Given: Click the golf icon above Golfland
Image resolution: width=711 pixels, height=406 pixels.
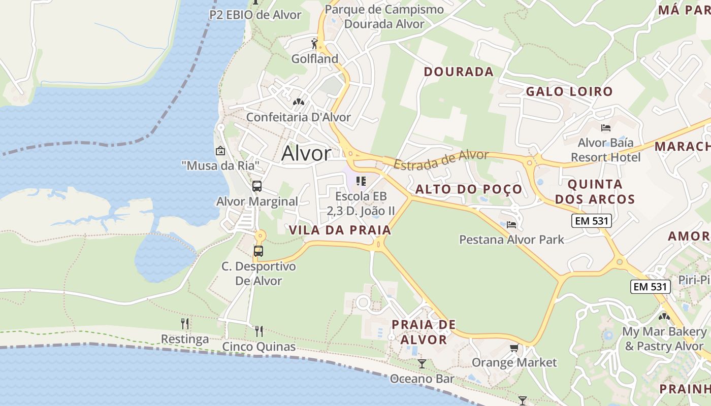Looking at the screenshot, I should click(x=314, y=44).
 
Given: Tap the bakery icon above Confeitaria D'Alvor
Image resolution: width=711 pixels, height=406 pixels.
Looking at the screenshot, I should click(x=298, y=102).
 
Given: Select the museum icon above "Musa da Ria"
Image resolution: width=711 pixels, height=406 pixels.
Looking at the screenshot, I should click(x=220, y=151).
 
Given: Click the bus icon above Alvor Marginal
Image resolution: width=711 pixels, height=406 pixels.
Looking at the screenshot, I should click(x=257, y=186).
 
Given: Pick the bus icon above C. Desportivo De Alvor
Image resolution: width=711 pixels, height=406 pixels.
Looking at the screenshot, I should click(x=258, y=251).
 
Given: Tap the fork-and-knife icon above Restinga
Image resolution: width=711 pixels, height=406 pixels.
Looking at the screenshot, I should click(x=185, y=323).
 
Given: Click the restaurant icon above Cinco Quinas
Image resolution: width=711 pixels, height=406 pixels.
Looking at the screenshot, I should click(x=259, y=331).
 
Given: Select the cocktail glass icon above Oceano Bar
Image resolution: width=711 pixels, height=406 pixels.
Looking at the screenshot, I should click(x=422, y=363).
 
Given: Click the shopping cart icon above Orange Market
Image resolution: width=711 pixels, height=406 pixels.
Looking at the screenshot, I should click(x=514, y=348).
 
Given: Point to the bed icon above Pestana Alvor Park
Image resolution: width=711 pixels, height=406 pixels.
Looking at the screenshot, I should click(x=511, y=224).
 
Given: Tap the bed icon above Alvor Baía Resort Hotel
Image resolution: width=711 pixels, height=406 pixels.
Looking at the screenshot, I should click(x=605, y=127).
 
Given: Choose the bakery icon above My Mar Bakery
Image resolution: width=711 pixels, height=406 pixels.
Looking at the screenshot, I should click(x=664, y=317).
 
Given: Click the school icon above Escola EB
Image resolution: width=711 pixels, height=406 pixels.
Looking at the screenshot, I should click(x=361, y=181).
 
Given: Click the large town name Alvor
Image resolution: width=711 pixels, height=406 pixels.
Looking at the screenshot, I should click(x=306, y=153).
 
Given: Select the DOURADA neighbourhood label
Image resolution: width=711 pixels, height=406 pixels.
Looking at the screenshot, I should click(x=459, y=72).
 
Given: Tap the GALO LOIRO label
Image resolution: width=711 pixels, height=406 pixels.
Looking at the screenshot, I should click(x=569, y=92).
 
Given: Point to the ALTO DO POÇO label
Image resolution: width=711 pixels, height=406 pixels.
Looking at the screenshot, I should click(x=469, y=189).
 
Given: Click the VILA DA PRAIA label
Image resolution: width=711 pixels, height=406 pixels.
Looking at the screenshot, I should click(x=340, y=230).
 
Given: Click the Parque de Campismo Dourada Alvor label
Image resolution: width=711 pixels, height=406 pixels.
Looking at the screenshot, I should click(x=384, y=17).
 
